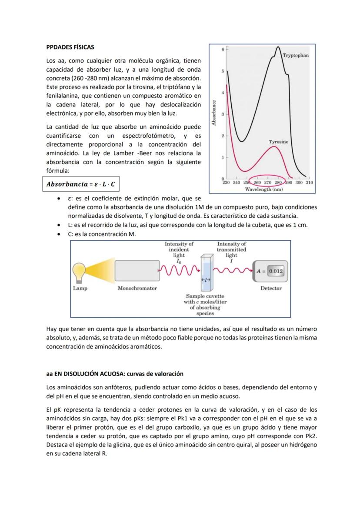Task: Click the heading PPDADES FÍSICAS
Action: pos(70,47)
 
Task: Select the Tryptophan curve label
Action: pos(296,56)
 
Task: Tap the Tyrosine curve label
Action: pos(278,142)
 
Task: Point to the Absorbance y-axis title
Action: pos(213,113)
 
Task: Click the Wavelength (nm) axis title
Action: pos(264,189)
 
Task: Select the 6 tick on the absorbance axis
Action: pos(223,50)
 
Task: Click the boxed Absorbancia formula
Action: pos(80,184)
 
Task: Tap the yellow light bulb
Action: pos(80,273)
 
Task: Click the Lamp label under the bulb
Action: pos(80,288)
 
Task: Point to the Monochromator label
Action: pos(137,288)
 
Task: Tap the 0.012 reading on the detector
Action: pos(275,271)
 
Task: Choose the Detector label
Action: pos(271,288)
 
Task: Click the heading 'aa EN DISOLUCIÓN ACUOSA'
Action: pos(115,374)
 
